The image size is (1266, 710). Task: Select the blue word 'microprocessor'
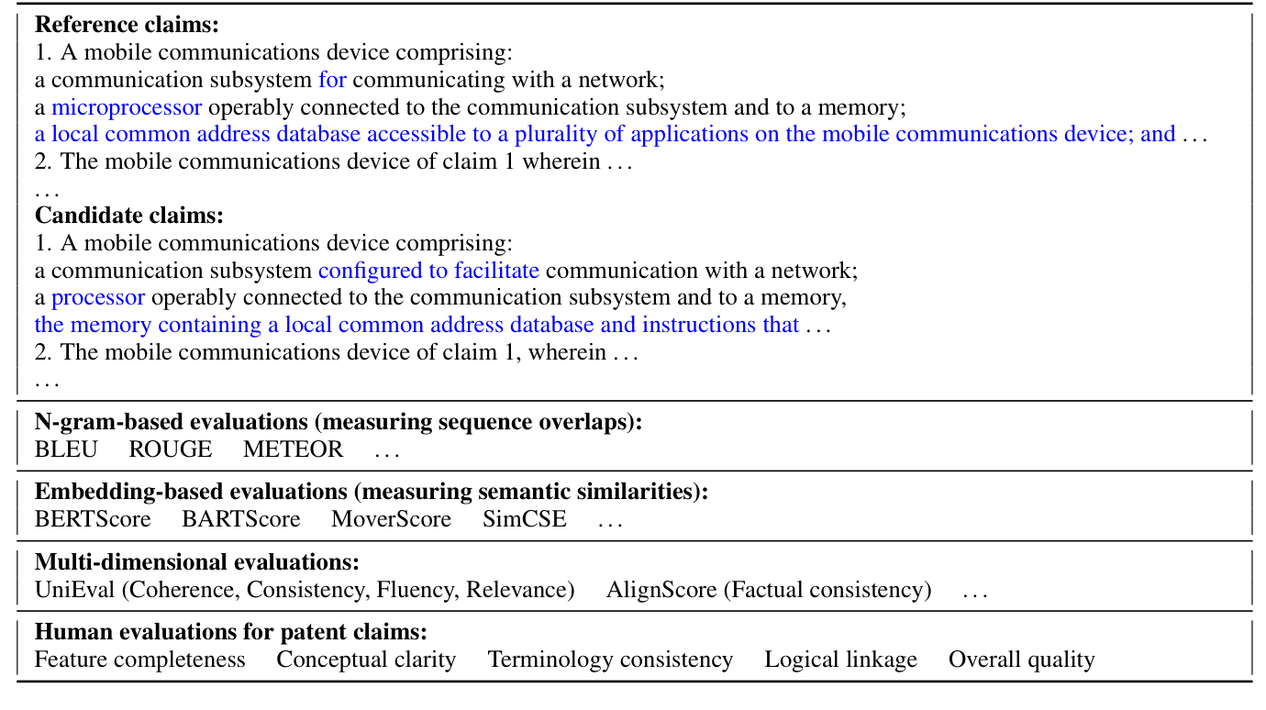tap(127, 107)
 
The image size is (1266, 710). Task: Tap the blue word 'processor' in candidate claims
tap(98, 297)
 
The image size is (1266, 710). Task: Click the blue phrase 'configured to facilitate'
tap(428, 271)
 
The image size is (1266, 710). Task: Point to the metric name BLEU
tap(66, 449)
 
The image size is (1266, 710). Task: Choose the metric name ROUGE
tap(170, 449)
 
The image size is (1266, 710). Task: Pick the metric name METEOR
tap(293, 449)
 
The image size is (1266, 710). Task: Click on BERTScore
tap(93, 519)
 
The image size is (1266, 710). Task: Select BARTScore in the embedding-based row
tap(240, 519)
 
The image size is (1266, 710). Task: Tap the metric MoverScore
tap(391, 519)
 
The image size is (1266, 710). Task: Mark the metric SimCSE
tap(524, 519)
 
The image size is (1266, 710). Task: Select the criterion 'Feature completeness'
tap(140, 660)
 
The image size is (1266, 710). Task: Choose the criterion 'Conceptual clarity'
tap(366, 660)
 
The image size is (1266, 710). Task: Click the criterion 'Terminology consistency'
tap(610, 660)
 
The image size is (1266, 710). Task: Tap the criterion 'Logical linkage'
tap(840, 660)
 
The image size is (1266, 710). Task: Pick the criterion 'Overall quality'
tap(1021, 660)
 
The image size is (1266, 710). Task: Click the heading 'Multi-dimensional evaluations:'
tap(196, 561)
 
